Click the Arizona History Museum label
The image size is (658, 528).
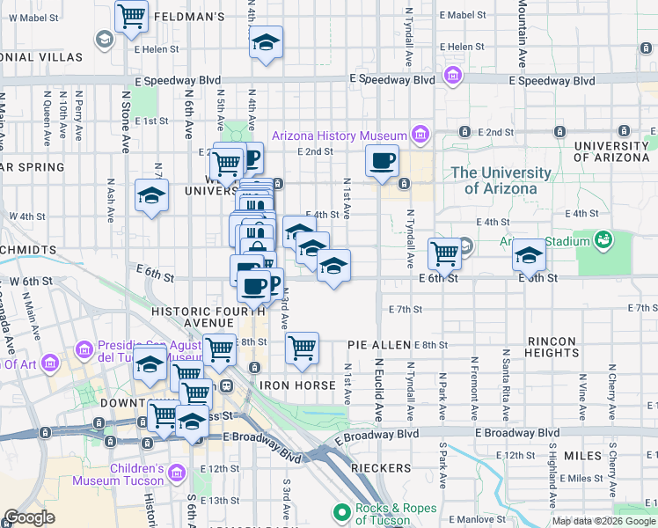pos(339,136)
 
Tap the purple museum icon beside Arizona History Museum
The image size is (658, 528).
pos(420,135)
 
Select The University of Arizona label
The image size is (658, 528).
pos(501,180)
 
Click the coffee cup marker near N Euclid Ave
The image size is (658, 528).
pos(383,162)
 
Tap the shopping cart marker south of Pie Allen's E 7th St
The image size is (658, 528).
pos(302,348)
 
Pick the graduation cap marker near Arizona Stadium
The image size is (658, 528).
pos(528,255)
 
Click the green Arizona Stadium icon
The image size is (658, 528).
pos(603,238)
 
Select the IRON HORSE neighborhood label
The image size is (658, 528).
pos(296,385)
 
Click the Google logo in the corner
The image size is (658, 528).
pos(29,517)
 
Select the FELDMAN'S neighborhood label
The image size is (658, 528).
pos(189,16)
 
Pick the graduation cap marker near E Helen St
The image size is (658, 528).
pos(265,43)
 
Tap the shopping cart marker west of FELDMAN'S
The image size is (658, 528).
pos(131,15)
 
